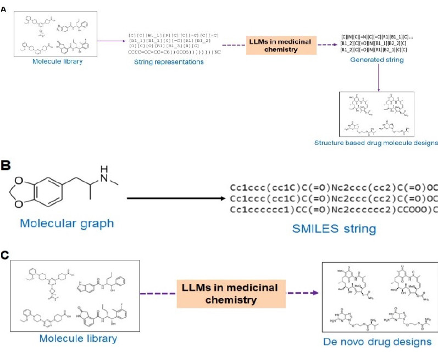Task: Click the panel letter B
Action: coord(5,166)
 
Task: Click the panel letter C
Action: coord(5,256)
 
